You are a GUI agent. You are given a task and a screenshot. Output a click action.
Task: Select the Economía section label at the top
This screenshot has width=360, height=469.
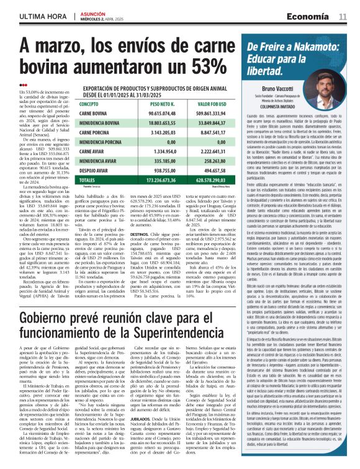308,16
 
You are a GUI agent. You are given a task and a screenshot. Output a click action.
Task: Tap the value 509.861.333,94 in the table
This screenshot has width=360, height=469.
212,114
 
